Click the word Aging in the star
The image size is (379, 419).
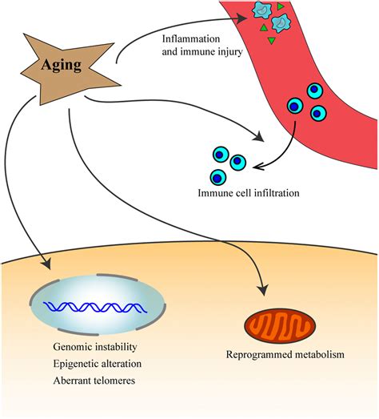tap(62, 65)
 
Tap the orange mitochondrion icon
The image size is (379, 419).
tap(280, 326)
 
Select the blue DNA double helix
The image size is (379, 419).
tap(95, 308)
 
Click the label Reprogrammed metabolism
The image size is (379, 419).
tap(285, 355)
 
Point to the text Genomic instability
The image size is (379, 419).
tap(95, 347)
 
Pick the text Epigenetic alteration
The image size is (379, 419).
tap(98, 364)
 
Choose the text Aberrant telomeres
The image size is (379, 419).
tap(94, 381)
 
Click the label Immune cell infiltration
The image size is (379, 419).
tap(249, 192)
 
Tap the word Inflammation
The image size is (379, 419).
tap(191, 38)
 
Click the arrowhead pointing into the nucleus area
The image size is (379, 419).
tap(47, 264)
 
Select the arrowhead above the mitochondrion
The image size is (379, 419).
tap(264, 290)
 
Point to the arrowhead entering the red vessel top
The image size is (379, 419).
tap(242, 18)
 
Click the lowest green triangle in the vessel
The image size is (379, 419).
tap(272, 40)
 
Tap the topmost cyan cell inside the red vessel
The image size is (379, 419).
tap(315, 91)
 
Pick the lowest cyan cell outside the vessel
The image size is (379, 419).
tap(218, 177)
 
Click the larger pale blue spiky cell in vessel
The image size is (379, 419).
tap(281, 23)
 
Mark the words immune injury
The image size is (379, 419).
tap(212, 52)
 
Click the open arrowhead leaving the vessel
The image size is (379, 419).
tap(259, 166)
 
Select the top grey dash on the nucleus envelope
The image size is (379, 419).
tap(117, 277)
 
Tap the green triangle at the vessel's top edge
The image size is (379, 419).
tap(280, 6)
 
